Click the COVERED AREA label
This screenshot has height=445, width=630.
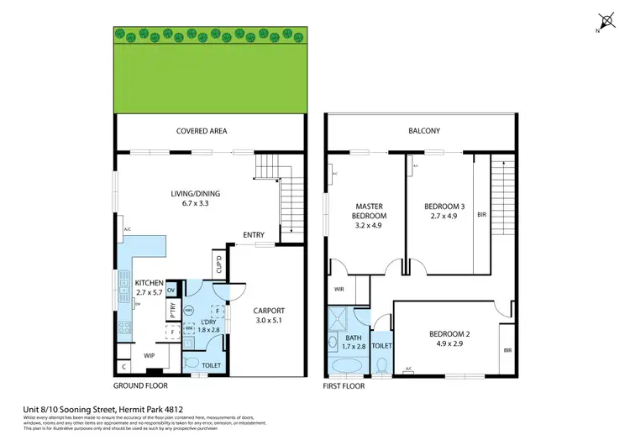point(202,131)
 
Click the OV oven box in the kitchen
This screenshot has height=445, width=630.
point(171,290)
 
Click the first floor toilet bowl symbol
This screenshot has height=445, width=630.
point(381,365)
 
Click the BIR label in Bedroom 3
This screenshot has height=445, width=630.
point(481,215)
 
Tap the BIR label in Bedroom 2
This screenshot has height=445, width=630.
point(508,350)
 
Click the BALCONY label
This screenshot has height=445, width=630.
point(424,131)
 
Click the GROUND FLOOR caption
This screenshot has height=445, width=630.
point(140,385)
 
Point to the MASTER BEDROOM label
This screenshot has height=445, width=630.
point(369,210)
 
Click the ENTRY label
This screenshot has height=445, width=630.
point(255,234)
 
